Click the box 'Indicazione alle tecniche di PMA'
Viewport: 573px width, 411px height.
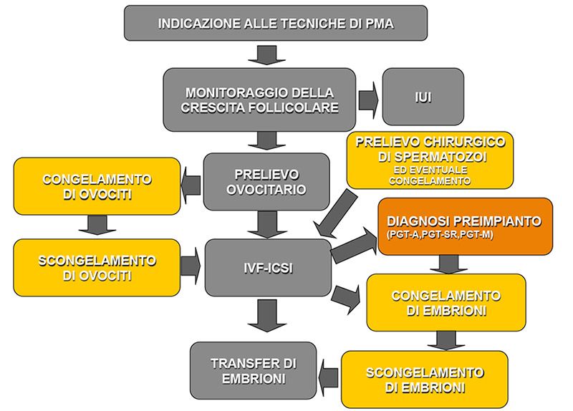tap(275, 23)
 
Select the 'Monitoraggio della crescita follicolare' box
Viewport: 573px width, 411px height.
tap(259, 100)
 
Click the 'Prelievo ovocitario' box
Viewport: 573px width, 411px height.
tap(266, 182)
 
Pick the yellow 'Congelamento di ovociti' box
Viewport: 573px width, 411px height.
tap(97, 185)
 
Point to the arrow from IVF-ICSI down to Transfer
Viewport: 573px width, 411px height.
tap(266, 315)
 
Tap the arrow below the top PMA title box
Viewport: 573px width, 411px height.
tap(266, 53)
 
